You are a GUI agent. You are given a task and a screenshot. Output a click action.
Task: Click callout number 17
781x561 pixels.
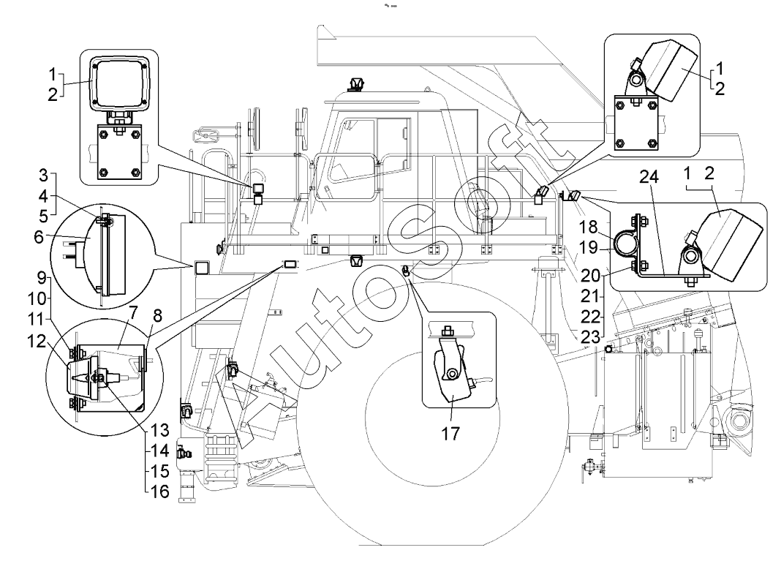450,434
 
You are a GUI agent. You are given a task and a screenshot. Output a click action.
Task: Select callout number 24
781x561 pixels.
649,177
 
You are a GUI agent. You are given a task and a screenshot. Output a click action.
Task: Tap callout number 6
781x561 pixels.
38,237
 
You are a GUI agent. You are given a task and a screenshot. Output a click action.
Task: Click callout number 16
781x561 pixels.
160,492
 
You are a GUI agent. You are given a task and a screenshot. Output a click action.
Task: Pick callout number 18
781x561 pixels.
588,227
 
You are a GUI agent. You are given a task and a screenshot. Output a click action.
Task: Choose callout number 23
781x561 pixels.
590,337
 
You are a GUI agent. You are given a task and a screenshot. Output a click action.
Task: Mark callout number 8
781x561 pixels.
157,316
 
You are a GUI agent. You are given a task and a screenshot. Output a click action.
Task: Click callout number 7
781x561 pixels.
133,314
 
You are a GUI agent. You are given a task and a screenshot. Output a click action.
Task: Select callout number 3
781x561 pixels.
44,176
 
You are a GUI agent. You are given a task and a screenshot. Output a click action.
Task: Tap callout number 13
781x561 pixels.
160,430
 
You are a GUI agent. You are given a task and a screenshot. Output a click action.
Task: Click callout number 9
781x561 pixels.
41,278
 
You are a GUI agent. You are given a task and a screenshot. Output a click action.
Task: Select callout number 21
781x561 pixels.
589,296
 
